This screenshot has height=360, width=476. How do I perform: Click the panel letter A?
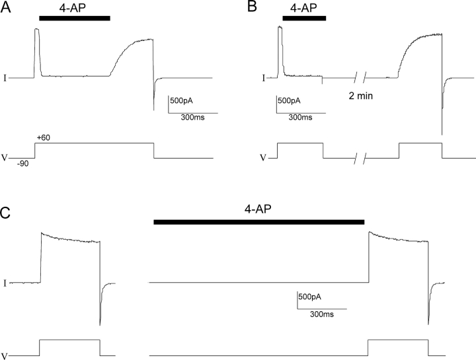click(5, 7)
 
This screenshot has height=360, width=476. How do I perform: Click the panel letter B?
click(252, 7)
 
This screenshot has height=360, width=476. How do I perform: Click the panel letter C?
click(5, 213)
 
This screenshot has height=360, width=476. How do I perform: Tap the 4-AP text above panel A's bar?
click(73, 8)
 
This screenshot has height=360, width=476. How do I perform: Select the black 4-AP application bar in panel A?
click(75, 18)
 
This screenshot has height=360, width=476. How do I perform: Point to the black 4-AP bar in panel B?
click(304, 18)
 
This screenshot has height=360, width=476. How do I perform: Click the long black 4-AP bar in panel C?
click(259, 222)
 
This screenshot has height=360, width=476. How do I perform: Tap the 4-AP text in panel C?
click(258, 209)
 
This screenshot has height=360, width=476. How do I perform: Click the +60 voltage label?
click(44, 138)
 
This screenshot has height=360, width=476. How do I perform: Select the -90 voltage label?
click(22, 164)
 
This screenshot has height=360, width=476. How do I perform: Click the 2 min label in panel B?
click(361, 96)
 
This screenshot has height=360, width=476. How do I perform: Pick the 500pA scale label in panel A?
click(181, 100)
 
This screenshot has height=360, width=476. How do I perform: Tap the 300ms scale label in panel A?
click(193, 118)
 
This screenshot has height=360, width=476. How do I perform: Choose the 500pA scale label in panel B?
click(289, 100)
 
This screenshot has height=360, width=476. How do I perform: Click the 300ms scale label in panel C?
click(322, 314)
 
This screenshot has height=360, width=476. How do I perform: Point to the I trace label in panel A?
click(5, 78)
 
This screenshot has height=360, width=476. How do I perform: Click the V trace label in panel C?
click(4, 356)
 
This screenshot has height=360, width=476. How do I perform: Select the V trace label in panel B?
click(263, 158)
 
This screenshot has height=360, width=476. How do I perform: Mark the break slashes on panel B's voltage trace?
click(360, 159)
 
